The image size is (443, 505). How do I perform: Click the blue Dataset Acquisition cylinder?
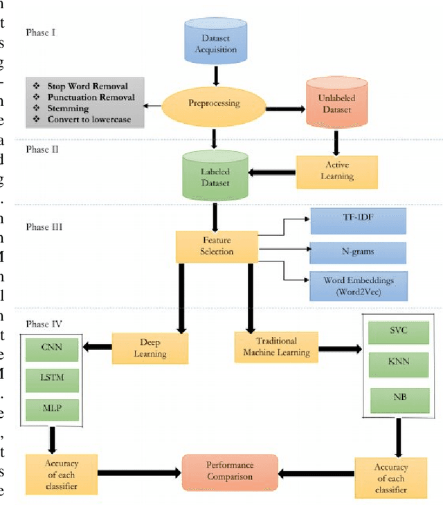point(217,43)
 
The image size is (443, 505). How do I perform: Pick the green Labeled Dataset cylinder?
point(215,177)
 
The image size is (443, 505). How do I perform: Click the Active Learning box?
point(337,171)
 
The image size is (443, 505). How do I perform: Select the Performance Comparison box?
point(230,472)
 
